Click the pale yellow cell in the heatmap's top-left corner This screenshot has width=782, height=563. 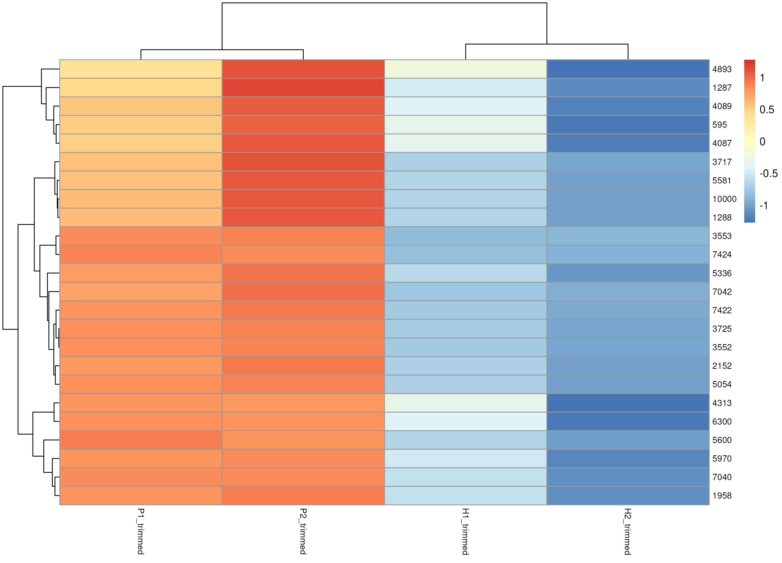coord(141,69)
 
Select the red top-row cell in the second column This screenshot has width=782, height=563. coord(303,69)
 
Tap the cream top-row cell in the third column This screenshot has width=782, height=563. coord(466,69)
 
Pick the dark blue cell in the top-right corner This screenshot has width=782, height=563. coord(628,69)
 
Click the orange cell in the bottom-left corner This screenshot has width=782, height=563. coord(141,495)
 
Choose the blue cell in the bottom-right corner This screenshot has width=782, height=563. coord(628,495)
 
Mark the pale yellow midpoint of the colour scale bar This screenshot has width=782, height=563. coord(750,141)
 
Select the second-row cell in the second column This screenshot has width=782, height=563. coord(303,88)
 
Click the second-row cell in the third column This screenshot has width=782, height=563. coord(466,88)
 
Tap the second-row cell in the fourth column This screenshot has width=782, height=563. coord(628,88)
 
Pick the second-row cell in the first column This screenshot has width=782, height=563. coord(141,88)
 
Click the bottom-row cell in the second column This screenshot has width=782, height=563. coord(303,495)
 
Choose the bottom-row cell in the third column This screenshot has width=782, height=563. coord(466,495)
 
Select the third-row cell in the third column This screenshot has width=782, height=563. coord(466,106)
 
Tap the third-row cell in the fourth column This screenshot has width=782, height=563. coord(628,106)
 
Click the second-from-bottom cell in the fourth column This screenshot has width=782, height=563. coord(628,477)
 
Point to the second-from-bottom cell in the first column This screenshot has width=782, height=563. coord(141,477)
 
